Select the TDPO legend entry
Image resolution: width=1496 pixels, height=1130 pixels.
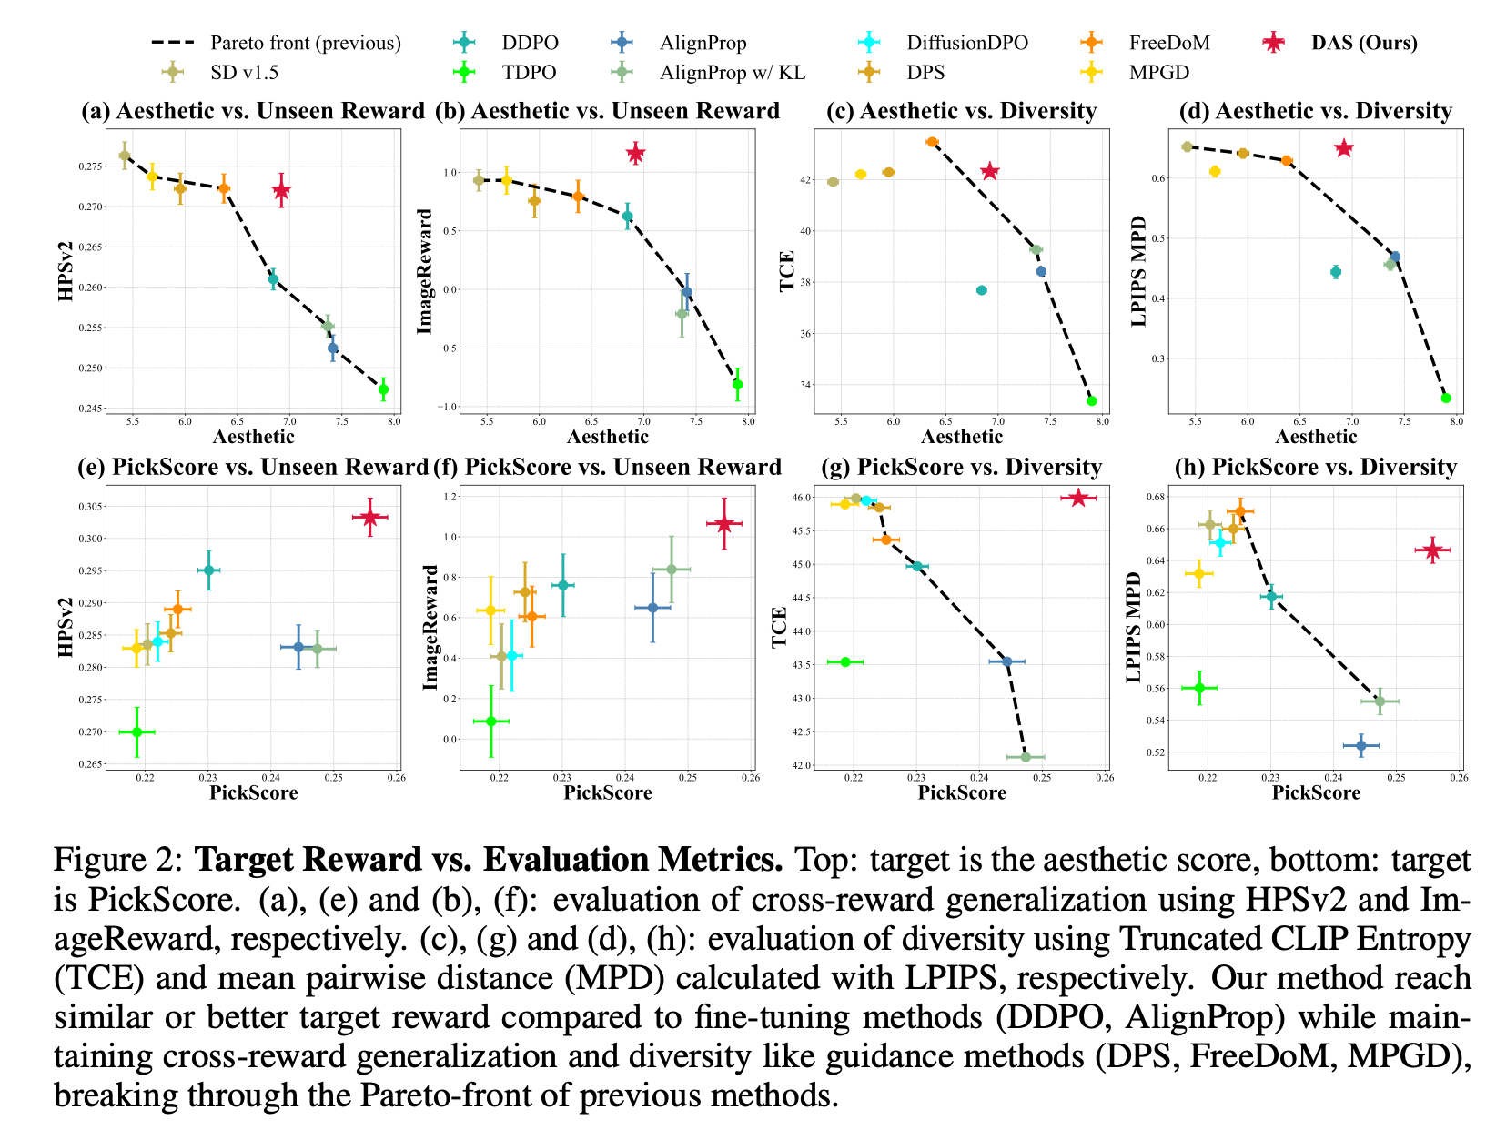pos(528,72)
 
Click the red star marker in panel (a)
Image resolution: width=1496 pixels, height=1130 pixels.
pos(281,190)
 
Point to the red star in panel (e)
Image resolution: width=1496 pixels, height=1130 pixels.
pos(369,517)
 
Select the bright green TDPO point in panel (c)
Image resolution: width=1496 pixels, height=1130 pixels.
pos(1091,400)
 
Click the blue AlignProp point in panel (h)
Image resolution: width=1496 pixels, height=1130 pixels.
pos(1361,746)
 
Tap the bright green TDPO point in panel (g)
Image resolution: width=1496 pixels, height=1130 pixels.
pos(845,661)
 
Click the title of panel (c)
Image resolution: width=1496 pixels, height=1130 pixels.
pos(961,111)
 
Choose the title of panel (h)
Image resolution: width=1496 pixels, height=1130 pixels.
pos(1316,467)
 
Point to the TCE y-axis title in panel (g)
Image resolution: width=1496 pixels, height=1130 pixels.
pos(780,628)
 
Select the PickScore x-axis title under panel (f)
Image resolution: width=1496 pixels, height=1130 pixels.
pos(608,792)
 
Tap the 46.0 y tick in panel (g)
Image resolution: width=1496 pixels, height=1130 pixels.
pos(803,498)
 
